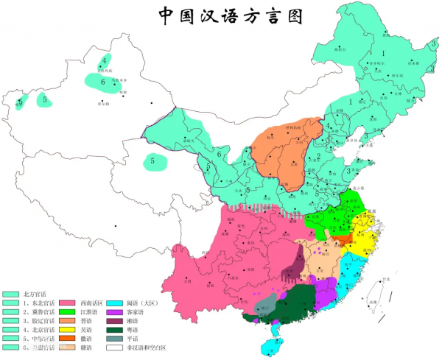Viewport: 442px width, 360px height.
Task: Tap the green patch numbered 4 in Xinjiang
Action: click(x=105, y=60)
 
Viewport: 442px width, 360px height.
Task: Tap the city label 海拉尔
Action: click(x=340, y=49)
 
